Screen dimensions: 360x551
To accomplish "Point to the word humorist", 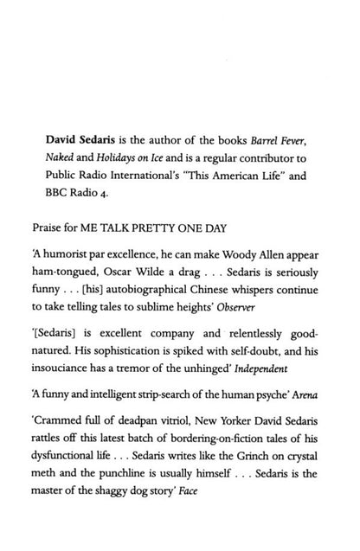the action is [74, 260].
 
